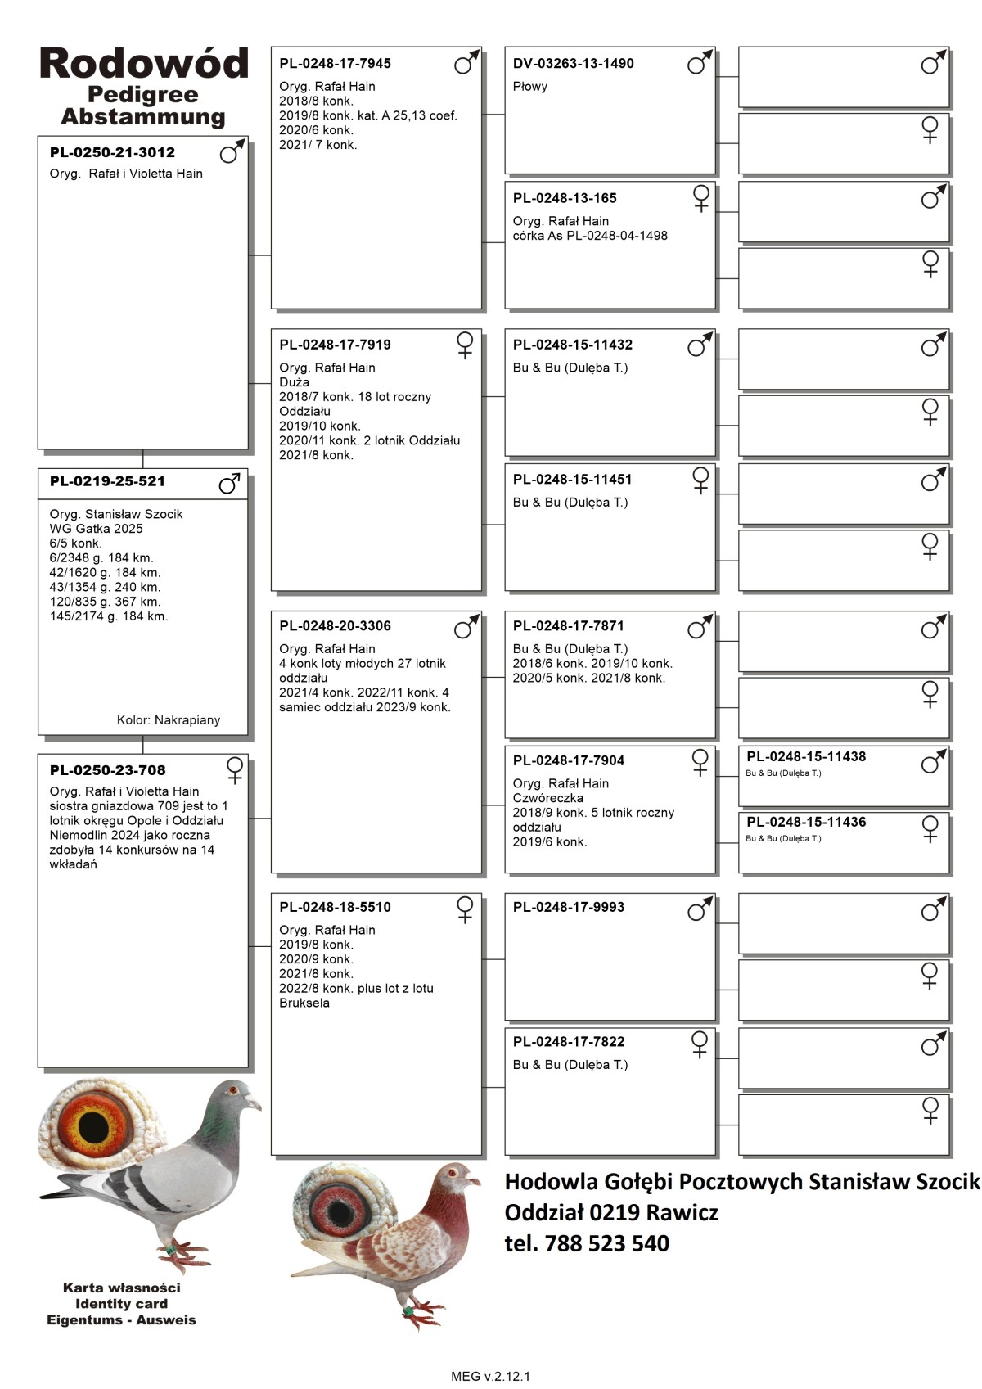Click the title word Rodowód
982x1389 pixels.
tap(143, 63)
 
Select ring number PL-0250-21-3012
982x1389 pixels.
tap(112, 152)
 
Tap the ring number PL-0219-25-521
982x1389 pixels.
tap(107, 481)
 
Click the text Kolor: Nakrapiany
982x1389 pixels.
tap(169, 720)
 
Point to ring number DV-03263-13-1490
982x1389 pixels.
tap(573, 64)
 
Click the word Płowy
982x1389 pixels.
tap(529, 87)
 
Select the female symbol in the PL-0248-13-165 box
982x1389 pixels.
tap(701, 198)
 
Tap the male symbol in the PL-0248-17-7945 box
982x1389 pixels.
tap(466, 62)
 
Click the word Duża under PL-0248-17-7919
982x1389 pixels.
tap(294, 382)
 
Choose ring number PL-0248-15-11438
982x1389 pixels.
tap(806, 757)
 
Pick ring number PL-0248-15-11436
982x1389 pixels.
tap(806, 823)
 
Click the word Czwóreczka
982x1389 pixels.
tap(547, 798)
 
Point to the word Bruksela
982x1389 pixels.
tap(304, 1003)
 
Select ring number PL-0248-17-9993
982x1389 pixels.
tap(568, 908)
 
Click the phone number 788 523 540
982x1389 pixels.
tap(606, 1243)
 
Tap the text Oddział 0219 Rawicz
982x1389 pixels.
tap(610, 1212)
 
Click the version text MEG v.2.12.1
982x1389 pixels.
tap(490, 1376)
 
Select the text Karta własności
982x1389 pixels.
tap(121, 1288)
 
